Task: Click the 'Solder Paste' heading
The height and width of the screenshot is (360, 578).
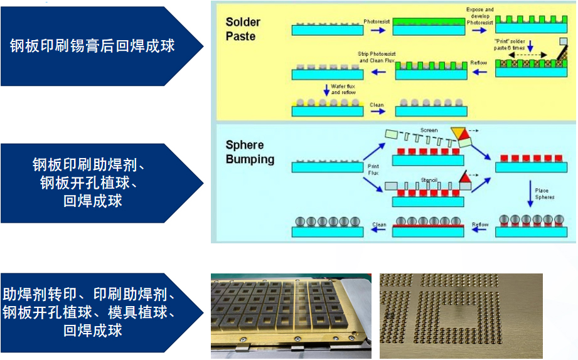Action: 243,29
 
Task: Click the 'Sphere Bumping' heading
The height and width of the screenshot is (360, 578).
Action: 250,152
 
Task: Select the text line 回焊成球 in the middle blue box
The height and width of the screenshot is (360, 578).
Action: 92,201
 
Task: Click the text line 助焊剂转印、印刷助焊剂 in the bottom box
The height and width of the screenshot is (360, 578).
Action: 88,294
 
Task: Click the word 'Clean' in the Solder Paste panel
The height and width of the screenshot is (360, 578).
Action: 377,105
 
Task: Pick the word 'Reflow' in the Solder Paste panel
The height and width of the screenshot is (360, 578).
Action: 479,63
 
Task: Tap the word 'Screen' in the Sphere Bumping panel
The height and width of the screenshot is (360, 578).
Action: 429,130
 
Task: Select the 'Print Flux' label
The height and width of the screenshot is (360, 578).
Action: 373,169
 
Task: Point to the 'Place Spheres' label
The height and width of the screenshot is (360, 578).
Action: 543,194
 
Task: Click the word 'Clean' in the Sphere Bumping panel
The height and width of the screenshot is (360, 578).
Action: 379,224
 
